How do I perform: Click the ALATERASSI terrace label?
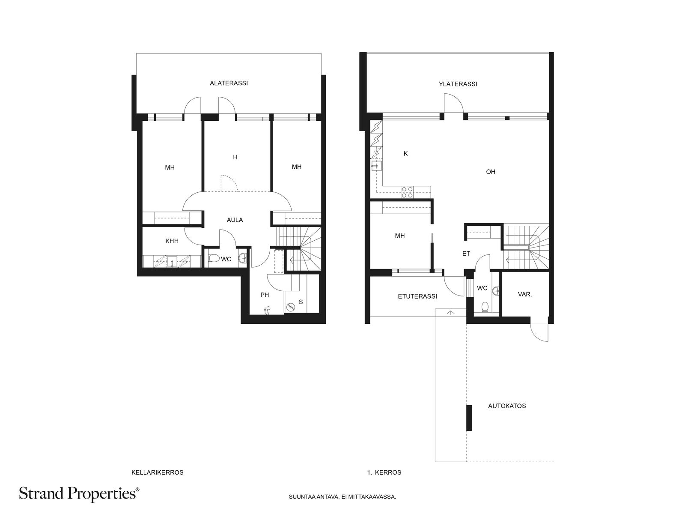tap(229, 84)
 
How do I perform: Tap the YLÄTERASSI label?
tap(458, 84)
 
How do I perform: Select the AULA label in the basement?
tap(235, 220)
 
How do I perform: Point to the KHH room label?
tap(172, 241)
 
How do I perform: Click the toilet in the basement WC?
tap(214, 258)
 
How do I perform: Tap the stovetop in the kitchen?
tap(407, 192)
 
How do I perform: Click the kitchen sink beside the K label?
tap(377, 166)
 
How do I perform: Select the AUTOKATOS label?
tap(507, 406)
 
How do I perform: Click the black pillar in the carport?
tap(469, 418)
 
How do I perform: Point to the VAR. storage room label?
tap(525, 294)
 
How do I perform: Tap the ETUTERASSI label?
tap(417, 296)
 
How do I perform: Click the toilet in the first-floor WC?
tap(485, 307)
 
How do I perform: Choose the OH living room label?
tap(491, 172)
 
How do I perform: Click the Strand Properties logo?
tap(79, 494)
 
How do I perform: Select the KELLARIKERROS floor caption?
tap(157, 472)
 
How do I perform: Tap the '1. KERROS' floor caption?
tap(384, 472)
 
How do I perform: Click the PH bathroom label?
tap(265, 295)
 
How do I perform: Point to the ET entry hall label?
tap(466, 254)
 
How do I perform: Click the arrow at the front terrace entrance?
tap(451, 312)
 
